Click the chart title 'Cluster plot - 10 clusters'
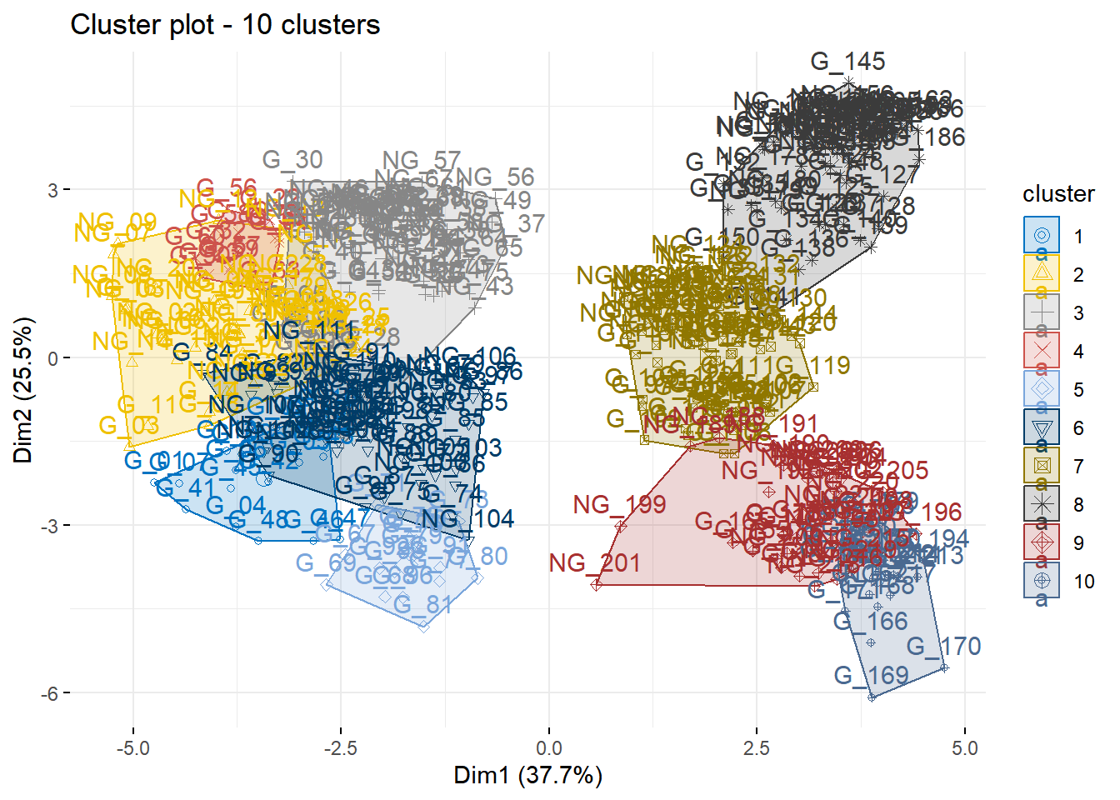[x=225, y=25]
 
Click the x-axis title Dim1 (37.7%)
[x=527, y=776]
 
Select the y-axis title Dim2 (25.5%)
[x=24, y=389]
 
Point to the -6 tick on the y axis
[x=52, y=693]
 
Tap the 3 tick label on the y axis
[x=53, y=190]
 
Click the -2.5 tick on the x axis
[x=340, y=748]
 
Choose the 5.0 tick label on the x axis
[x=964, y=748]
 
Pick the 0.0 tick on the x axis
[x=548, y=748]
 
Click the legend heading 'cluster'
[x=1058, y=194]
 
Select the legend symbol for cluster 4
[x=1042, y=351]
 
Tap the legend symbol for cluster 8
[x=1042, y=504]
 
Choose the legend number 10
[x=1083, y=582]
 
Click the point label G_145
[x=847, y=62]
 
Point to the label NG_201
[x=594, y=563]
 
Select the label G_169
[x=871, y=676]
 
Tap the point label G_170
[x=943, y=647]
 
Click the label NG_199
[x=619, y=505]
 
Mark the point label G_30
[x=292, y=160]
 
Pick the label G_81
[x=422, y=605]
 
